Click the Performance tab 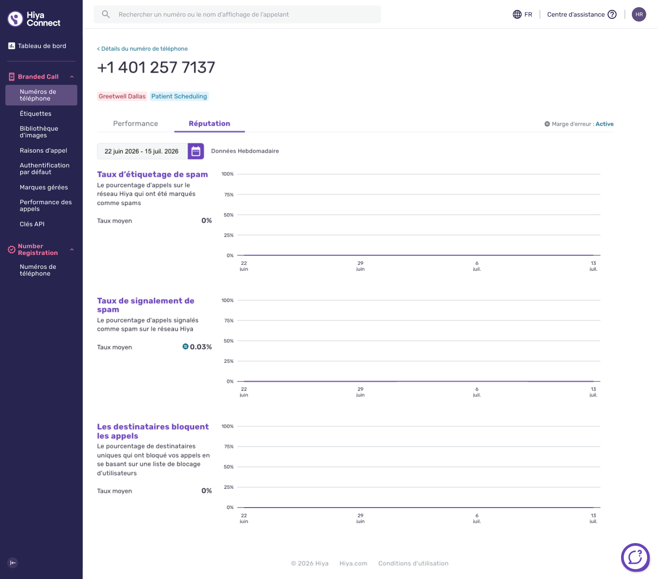(x=135, y=123)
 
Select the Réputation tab (x=209, y=123)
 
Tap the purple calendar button (x=196, y=151)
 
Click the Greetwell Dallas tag (x=122, y=96)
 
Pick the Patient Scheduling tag (x=179, y=96)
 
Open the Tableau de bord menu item (x=42, y=46)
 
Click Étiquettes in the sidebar (x=36, y=114)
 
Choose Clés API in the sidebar (x=32, y=224)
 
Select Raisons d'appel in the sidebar (x=43, y=150)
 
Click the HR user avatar (x=639, y=14)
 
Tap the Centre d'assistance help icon (x=612, y=14)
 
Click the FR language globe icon (x=517, y=14)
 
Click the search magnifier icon (x=106, y=14)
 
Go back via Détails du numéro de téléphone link (x=142, y=48)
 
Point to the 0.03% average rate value (x=201, y=347)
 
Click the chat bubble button (x=635, y=557)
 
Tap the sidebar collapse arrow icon (x=13, y=563)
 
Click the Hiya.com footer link (x=353, y=563)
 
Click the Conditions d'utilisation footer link (x=413, y=563)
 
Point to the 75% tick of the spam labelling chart (x=229, y=195)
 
